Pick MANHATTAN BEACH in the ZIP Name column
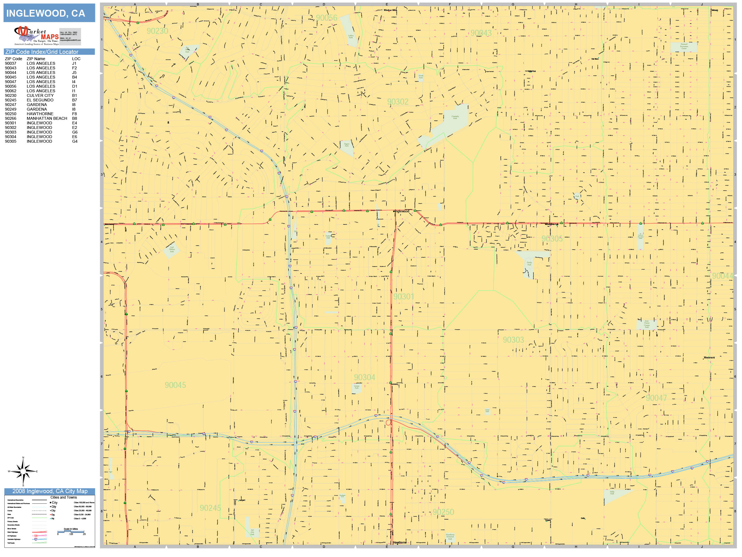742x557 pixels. click(47, 118)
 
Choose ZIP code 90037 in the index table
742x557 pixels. click(10, 63)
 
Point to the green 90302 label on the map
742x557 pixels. click(398, 102)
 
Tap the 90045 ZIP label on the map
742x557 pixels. click(175, 385)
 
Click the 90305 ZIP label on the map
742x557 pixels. click(552, 239)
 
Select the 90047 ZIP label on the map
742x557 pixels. click(656, 398)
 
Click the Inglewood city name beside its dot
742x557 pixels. click(402, 211)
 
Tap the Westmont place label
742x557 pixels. click(709, 358)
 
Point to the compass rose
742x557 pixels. click(23, 471)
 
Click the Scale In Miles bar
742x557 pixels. click(71, 531)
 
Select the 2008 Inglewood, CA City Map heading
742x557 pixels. click(50, 491)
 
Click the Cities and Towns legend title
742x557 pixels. click(63, 497)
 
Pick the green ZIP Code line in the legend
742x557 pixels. click(39, 518)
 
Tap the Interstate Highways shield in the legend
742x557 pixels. click(36, 539)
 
